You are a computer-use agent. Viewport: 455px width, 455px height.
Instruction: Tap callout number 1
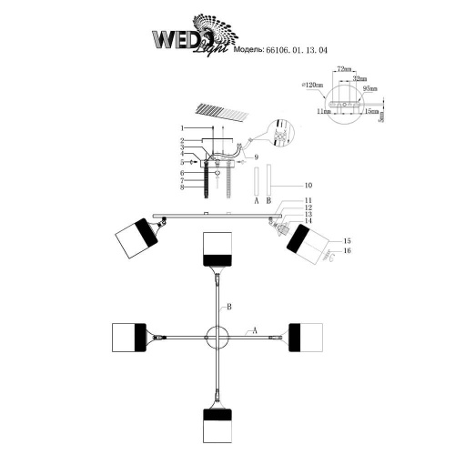click(x=182, y=127)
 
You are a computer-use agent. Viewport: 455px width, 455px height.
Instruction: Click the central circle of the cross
click(x=217, y=334)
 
